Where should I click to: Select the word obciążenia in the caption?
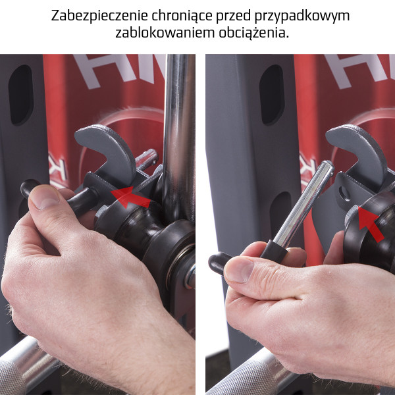click(x=252, y=33)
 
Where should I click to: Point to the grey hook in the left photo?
click(x=105, y=148)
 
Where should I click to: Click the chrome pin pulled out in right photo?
click(x=299, y=204)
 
